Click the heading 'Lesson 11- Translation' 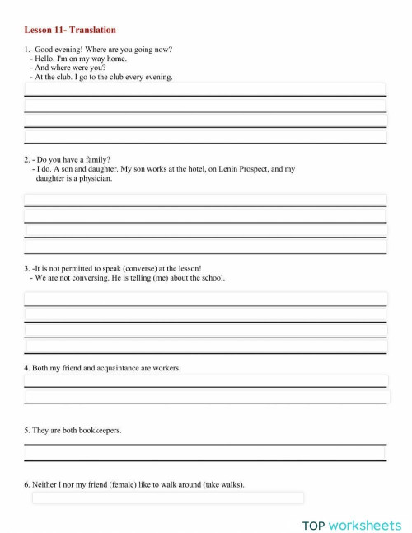tap(70, 31)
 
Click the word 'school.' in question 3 tap(209, 277)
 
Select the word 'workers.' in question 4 tap(166, 367)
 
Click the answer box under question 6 tap(168, 498)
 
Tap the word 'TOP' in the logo tap(313, 525)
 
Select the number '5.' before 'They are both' tap(27, 430)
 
